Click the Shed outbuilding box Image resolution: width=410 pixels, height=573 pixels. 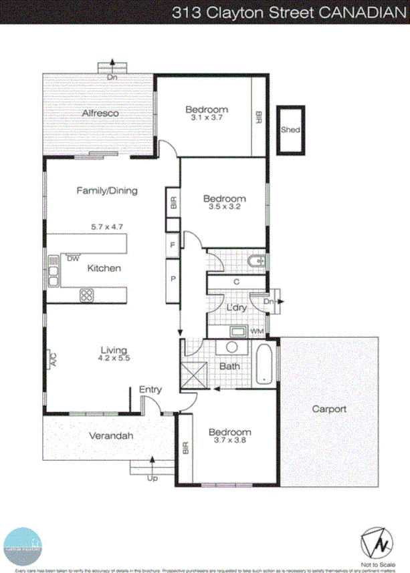(x=290, y=130)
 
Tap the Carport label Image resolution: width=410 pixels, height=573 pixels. (x=328, y=409)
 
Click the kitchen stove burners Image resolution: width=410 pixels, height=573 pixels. (x=87, y=295)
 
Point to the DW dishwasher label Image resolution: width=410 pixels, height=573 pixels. (x=72, y=258)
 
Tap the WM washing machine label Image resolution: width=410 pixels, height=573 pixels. (x=257, y=331)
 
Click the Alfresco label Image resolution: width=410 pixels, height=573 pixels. (x=100, y=114)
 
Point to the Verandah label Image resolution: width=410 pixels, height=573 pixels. (x=111, y=436)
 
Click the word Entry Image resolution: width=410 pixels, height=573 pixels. (x=150, y=389)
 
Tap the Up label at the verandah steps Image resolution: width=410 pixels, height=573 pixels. (x=153, y=479)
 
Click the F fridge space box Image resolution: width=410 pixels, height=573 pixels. (x=173, y=245)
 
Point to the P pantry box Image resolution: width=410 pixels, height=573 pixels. (x=173, y=277)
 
